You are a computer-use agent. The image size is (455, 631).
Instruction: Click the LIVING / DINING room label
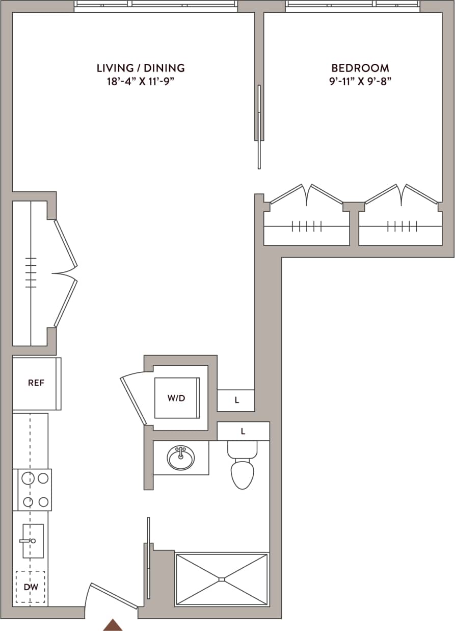coord(141,68)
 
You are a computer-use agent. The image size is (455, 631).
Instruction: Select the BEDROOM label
coord(360,68)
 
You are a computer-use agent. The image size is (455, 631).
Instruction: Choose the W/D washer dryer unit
coord(176,398)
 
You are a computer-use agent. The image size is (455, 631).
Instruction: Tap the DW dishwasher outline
coord(31,587)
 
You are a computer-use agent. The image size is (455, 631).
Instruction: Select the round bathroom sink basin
coord(180,458)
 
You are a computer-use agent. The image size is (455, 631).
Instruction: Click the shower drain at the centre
coord(221,579)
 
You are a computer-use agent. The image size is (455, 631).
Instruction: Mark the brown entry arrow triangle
coord(113,625)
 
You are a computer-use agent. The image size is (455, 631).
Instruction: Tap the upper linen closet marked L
coord(236,400)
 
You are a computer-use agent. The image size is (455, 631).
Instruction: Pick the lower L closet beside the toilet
coord(243,432)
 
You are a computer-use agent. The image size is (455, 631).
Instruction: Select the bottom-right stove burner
coord(43,501)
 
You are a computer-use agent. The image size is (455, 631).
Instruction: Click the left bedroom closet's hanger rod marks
coord(307,226)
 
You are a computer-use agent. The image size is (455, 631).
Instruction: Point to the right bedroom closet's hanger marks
coord(402,226)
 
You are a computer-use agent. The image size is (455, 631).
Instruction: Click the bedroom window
coord(353,6)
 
